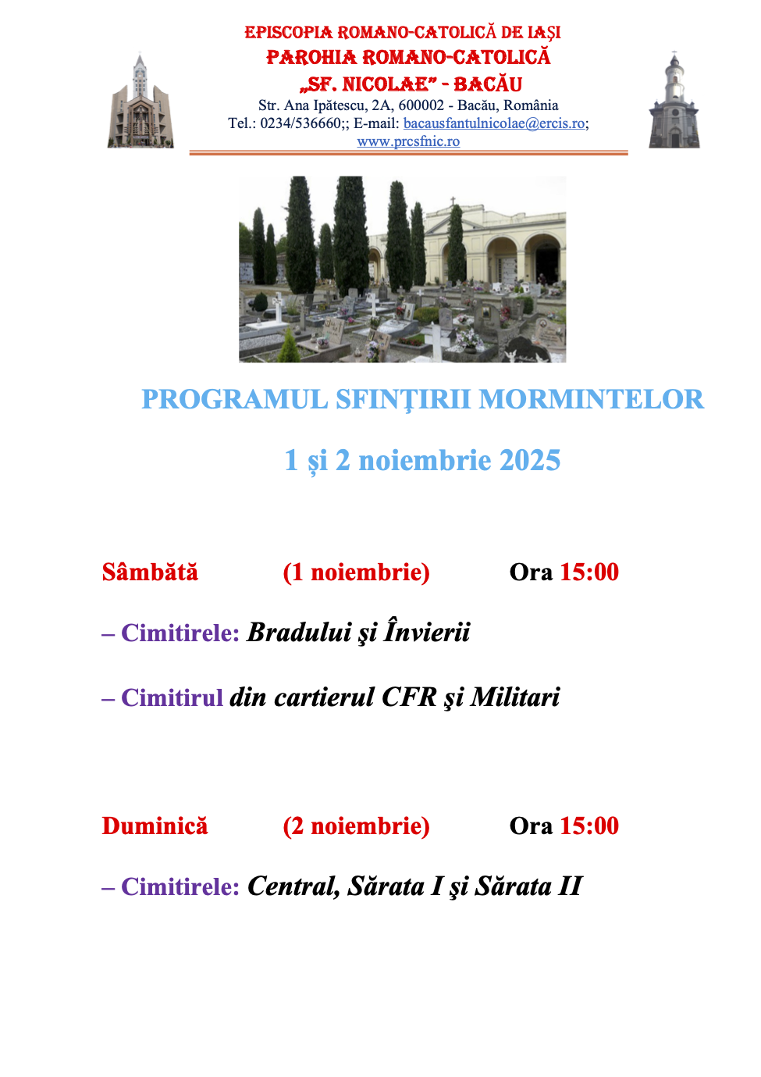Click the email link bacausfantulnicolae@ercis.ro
coord(493,123)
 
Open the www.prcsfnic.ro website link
coord(408,141)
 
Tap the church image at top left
coord(140,102)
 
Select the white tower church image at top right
coord(674,102)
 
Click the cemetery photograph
coord(402,269)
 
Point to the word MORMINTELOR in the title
coord(591,399)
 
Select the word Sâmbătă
coord(150,572)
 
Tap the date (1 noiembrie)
coord(356,572)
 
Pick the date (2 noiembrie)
coord(356,826)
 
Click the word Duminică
coord(155,826)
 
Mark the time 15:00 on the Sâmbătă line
coord(589,572)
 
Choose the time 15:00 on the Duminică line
coord(589,826)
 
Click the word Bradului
coord(299,633)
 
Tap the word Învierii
coord(427,633)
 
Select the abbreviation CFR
coord(409,697)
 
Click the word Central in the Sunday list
coord(293,886)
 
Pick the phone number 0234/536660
coord(300,123)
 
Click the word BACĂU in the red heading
coord(488,84)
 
